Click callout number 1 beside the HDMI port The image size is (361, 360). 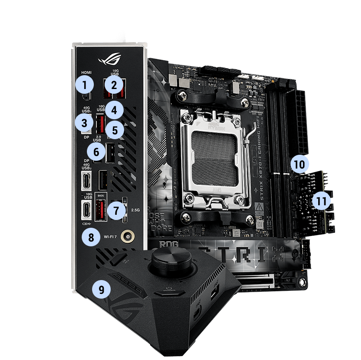point(86,84)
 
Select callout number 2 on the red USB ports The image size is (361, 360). point(114,84)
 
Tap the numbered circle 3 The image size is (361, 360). point(83,123)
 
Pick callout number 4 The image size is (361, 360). point(114,110)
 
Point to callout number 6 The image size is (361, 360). point(96,152)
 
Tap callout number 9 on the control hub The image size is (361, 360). point(101,290)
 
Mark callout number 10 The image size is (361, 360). point(300,164)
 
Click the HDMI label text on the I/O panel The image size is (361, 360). point(86,73)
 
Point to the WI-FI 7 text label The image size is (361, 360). point(110,237)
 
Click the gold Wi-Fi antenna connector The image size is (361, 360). point(128,236)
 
